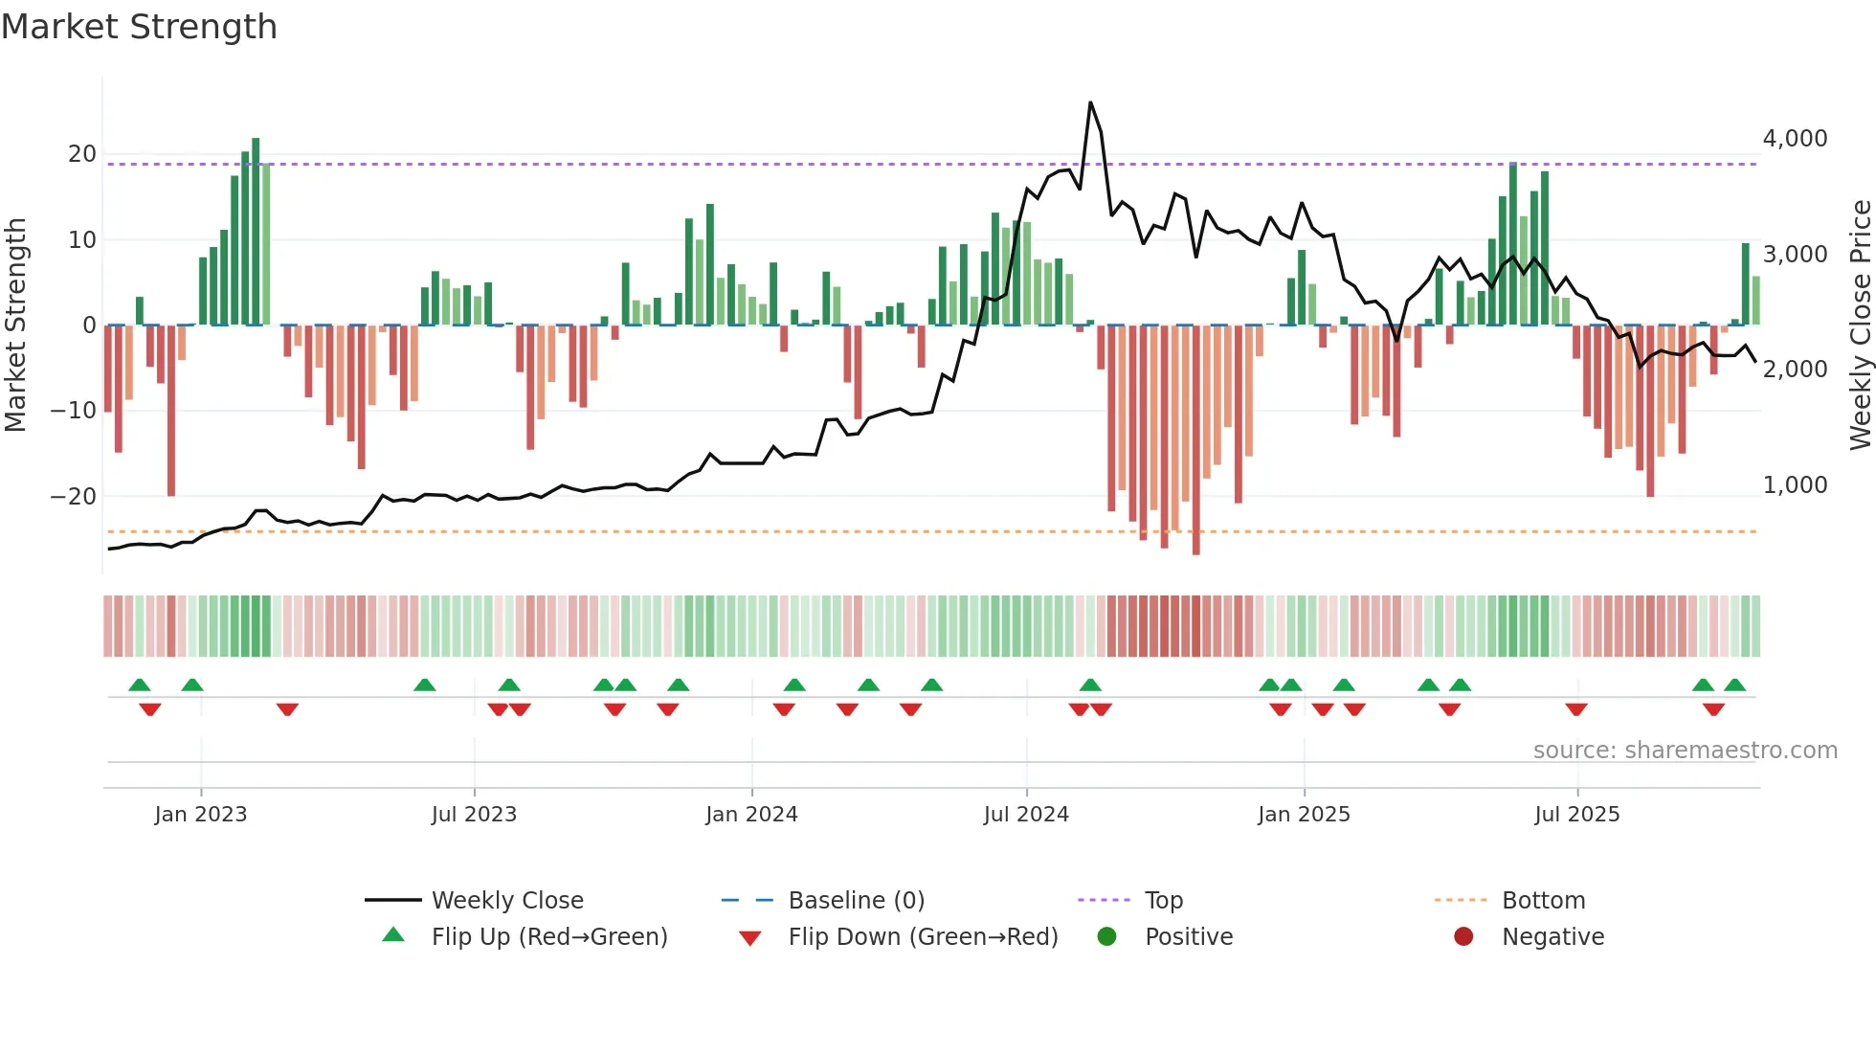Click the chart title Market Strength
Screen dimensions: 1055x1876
[x=139, y=27]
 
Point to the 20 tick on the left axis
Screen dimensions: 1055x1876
[x=82, y=154]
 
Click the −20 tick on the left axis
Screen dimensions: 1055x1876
[x=74, y=496]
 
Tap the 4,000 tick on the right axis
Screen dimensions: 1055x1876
[x=1795, y=139]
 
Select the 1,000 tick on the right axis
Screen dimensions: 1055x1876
[x=1795, y=485]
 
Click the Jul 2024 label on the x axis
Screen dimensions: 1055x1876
[x=1026, y=815]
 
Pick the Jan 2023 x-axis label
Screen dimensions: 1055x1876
[x=201, y=815]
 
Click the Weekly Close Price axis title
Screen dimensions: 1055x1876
[x=1860, y=325]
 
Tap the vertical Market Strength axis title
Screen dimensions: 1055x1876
[x=16, y=325]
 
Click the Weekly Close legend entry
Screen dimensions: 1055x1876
[x=507, y=901]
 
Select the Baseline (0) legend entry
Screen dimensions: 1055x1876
[x=856, y=901]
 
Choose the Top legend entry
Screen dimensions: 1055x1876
[x=1164, y=901]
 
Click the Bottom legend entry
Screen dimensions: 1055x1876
[x=1543, y=901]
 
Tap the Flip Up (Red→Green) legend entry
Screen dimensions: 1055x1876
[x=548, y=937]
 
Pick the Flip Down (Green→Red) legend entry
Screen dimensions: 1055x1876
[x=923, y=937]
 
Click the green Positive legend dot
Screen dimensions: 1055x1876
[x=1107, y=937]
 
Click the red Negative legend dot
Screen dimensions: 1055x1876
[x=1463, y=937]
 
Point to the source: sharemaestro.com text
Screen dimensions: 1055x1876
[x=1685, y=751]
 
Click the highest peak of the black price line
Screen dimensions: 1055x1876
[x=1090, y=103]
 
